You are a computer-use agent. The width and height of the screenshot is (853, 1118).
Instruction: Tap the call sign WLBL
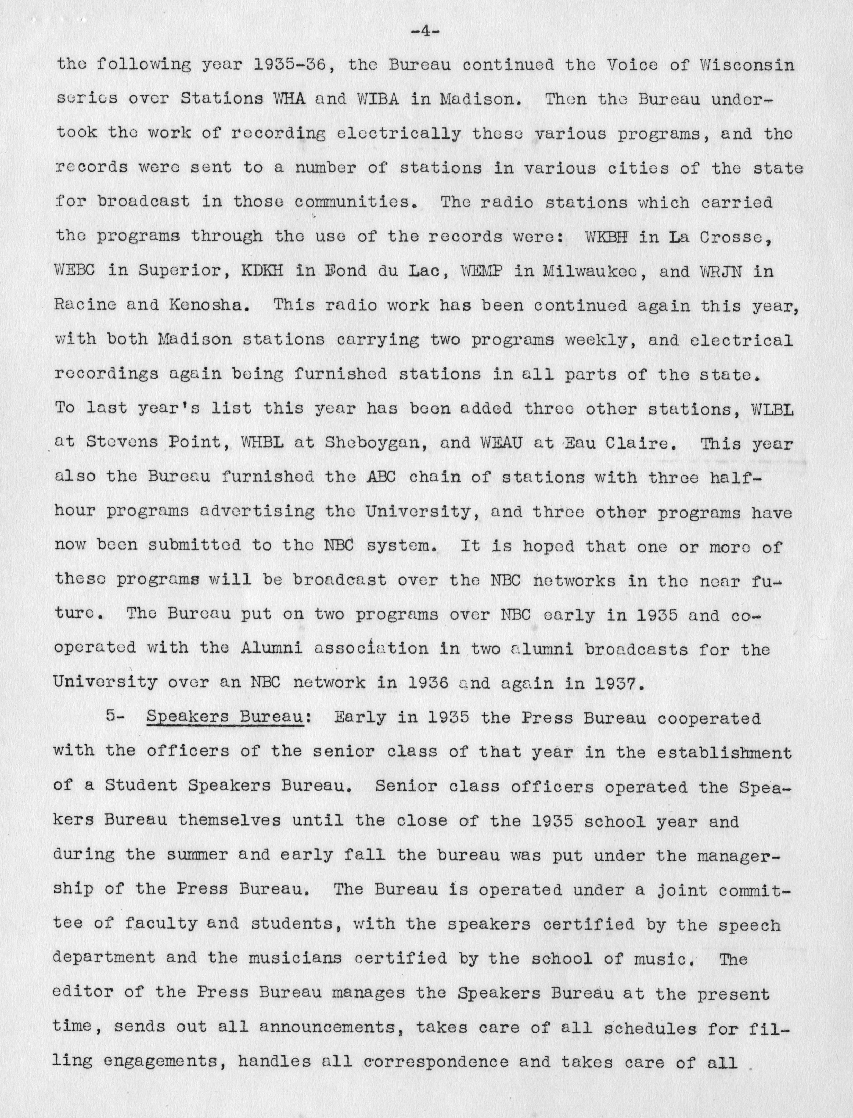772,409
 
